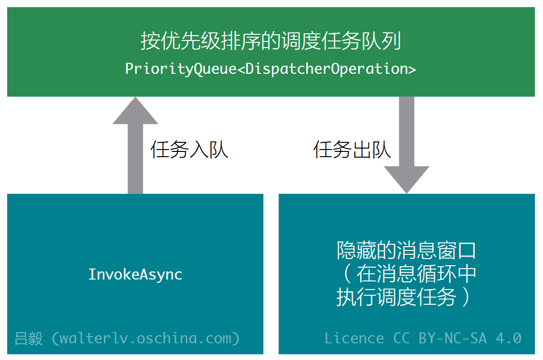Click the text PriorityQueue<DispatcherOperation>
point(271,69)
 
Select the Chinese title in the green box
point(271,41)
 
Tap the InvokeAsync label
point(135,274)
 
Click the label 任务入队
point(189,150)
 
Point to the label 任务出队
point(352,150)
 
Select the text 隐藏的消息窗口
point(406,250)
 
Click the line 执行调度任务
point(396,297)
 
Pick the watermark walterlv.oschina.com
point(146,338)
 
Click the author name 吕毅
point(29,339)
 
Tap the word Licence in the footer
point(354,338)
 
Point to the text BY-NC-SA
point(452,338)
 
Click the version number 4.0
point(509,338)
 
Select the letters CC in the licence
point(402,338)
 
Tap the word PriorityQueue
point(181,69)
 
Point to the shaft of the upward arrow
point(135,159)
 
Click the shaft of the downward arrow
point(407,131)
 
